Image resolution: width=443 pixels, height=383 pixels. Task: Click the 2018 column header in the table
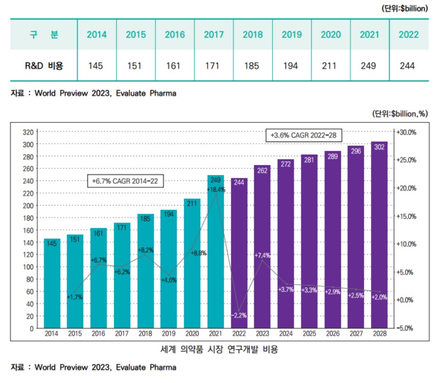click(251, 35)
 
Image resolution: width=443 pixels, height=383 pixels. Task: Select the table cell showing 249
click(368, 66)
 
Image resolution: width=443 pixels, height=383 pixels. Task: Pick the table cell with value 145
click(96, 66)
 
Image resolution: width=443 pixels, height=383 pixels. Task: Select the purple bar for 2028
click(379, 235)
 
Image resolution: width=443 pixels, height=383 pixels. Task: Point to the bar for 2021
click(216, 254)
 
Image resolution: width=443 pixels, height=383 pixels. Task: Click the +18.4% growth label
click(216, 189)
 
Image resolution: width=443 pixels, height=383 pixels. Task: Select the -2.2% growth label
click(239, 315)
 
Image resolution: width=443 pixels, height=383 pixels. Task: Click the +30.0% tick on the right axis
click(405, 132)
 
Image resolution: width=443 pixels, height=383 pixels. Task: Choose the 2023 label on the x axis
click(262, 334)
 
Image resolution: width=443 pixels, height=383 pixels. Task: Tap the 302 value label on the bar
click(379, 147)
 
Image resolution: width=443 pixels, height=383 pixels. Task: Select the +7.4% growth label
click(262, 255)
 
